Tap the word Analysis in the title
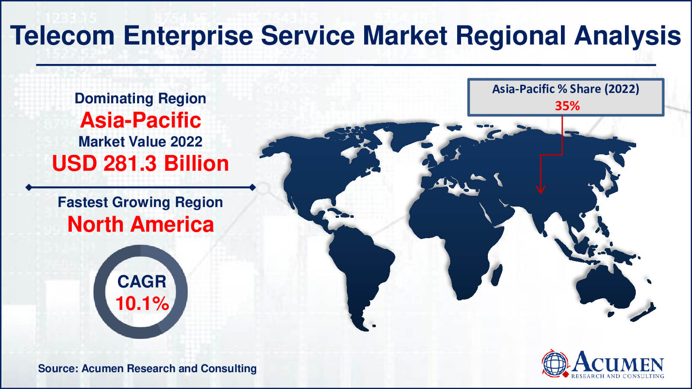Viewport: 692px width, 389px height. pyautogui.click(x=628, y=35)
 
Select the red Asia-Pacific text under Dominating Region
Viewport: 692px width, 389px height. pyautogui.click(x=141, y=120)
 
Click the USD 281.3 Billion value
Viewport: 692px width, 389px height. pyautogui.click(x=141, y=164)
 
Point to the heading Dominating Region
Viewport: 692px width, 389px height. pyautogui.click(x=141, y=99)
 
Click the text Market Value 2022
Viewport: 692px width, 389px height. pyautogui.click(x=141, y=142)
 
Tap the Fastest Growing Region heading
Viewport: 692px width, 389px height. pyautogui.click(x=141, y=202)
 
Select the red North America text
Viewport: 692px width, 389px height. pyautogui.click(x=141, y=224)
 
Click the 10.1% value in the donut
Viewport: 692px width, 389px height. pyautogui.click(x=142, y=303)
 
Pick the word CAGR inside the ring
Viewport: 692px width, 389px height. pyautogui.click(x=142, y=282)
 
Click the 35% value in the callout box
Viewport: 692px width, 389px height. pyautogui.click(x=567, y=106)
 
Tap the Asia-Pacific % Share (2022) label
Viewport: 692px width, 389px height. pyautogui.click(x=565, y=89)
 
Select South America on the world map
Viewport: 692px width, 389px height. pyautogui.click(x=359, y=264)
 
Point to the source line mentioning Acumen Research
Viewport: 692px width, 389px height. pyautogui.click(x=147, y=369)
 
